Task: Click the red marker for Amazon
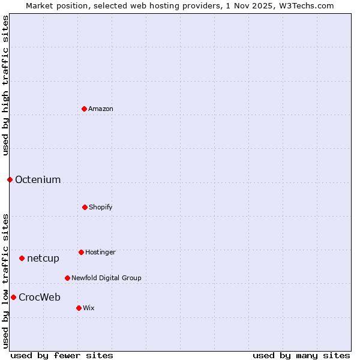coord(84,109)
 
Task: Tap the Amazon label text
coord(101,109)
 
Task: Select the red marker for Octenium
coord(10,179)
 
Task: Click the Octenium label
coord(38,180)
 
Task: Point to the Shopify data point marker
coord(85,207)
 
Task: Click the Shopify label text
coord(101,208)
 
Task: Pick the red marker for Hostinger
coord(81,252)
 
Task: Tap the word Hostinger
coord(100,253)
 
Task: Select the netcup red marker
coord(22,258)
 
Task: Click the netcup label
coord(43,259)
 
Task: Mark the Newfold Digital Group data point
coord(67,278)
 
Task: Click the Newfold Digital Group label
coord(106,278)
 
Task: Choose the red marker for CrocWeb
coord(13,297)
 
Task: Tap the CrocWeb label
coord(40,298)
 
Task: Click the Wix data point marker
coord(79,308)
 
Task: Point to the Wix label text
coord(89,308)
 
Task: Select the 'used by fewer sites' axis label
coord(62,356)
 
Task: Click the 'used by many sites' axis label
coord(301,356)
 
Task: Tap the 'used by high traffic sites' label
coord(5,85)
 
